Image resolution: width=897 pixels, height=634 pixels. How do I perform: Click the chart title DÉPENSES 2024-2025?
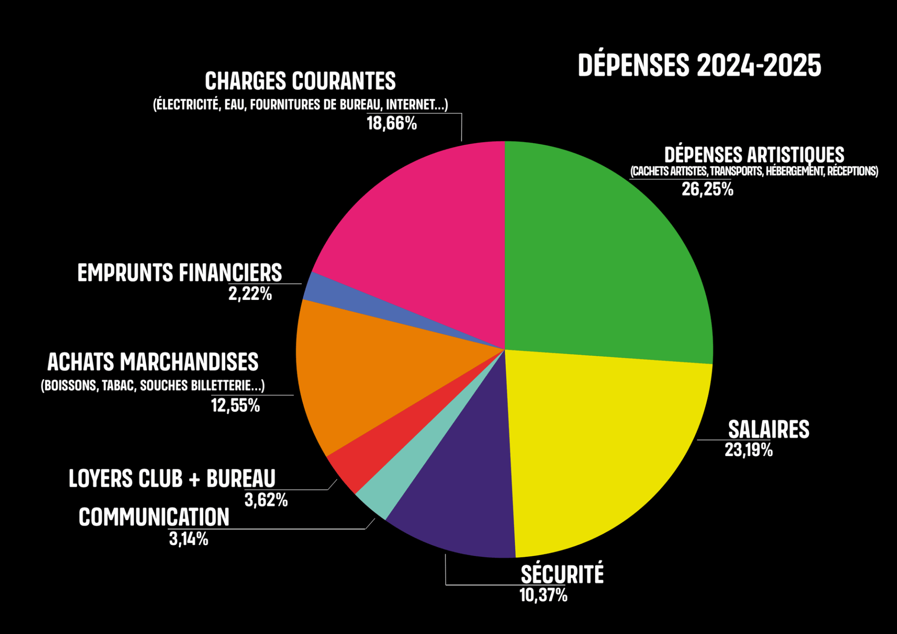(x=699, y=65)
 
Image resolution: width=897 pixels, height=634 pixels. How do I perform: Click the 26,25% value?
(x=707, y=189)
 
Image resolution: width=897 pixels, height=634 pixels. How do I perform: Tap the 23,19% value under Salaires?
(x=748, y=450)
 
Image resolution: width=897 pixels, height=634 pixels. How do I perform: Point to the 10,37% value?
(x=543, y=595)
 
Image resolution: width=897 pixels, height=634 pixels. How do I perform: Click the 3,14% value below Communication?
(x=188, y=539)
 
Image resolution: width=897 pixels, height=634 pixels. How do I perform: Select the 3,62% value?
(x=266, y=500)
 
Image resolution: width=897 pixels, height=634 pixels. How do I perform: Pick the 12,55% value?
(x=235, y=406)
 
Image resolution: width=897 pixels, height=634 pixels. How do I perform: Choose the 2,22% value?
(x=250, y=294)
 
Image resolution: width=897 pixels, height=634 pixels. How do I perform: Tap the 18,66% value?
(x=392, y=123)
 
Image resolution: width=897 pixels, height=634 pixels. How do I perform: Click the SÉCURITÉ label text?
(x=562, y=574)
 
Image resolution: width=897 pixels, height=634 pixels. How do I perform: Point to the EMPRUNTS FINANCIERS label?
(x=179, y=273)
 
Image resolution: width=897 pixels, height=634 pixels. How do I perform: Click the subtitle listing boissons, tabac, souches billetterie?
(x=153, y=385)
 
